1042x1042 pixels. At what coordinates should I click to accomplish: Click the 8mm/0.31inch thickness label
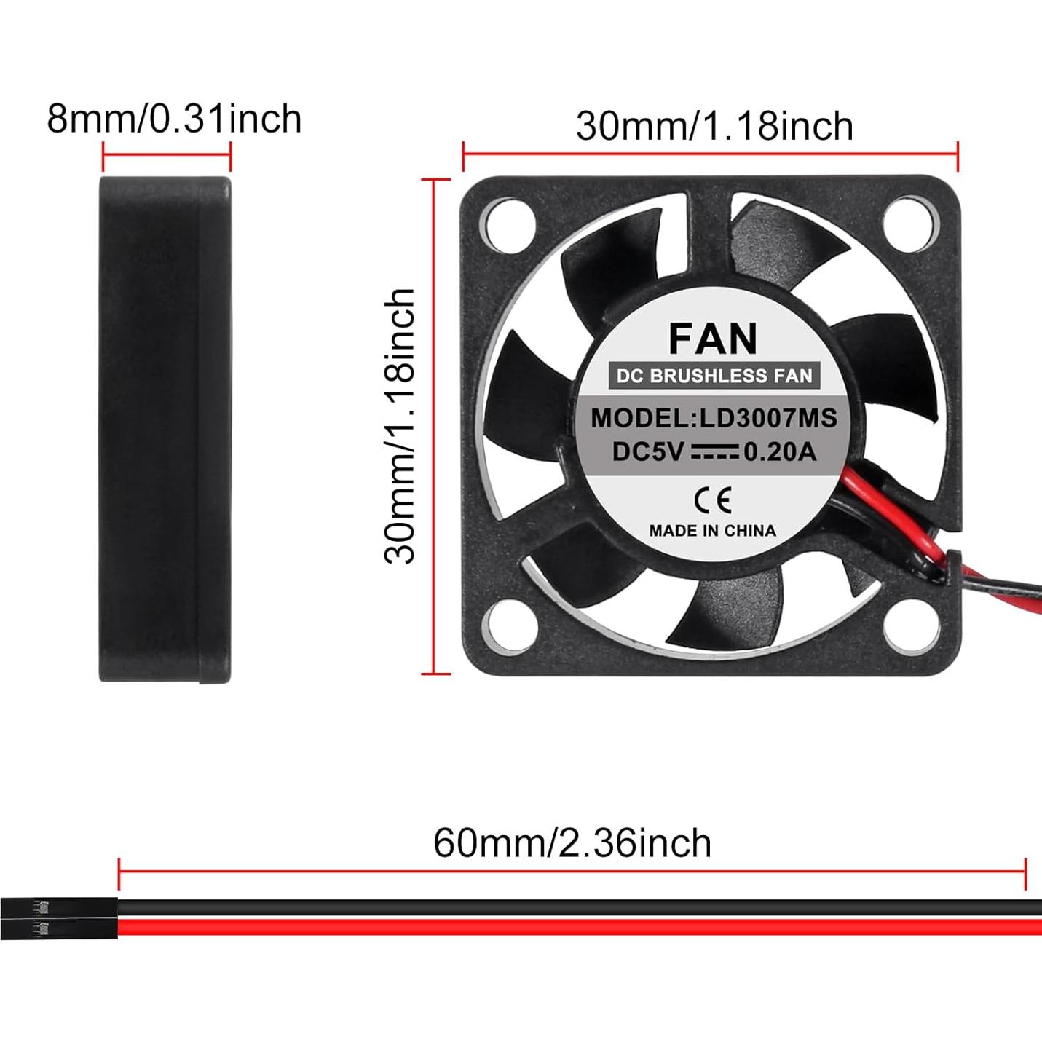(x=174, y=119)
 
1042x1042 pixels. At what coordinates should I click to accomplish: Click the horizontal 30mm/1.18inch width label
(x=714, y=126)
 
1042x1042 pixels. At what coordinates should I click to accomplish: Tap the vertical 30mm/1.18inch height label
(x=400, y=426)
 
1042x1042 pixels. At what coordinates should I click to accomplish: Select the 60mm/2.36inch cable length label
(x=572, y=843)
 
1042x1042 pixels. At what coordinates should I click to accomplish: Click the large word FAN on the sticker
(x=713, y=339)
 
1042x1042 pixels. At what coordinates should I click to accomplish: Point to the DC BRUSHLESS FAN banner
(x=714, y=376)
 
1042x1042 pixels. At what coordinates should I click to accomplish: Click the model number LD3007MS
(x=768, y=418)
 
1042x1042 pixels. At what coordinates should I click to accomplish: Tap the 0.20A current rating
(x=780, y=452)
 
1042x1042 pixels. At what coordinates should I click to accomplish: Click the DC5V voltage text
(x=647, y=452)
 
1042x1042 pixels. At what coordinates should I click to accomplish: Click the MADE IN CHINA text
(x=712, y=531)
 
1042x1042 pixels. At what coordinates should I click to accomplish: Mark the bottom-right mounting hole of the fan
(x=910, y=625)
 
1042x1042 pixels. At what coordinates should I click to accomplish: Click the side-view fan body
(x=165, y=430)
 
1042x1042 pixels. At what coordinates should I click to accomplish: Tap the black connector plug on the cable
(x=58, y=919)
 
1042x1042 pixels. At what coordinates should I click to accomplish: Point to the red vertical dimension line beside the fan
(x=435, y=426)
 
